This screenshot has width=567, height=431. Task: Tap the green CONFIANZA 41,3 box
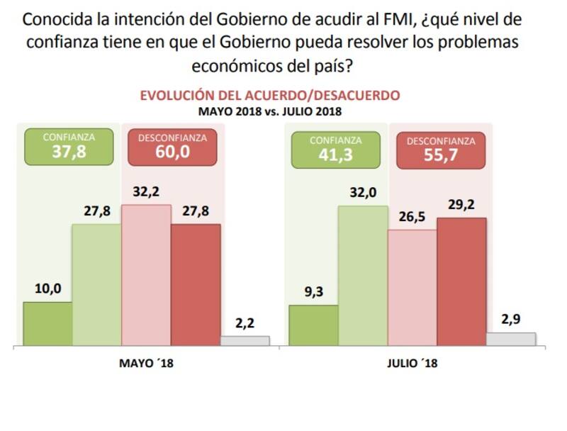(335, 149)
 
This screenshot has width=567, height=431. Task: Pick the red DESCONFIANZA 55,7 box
(440, 150)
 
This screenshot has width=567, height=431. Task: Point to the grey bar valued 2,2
(245, 341)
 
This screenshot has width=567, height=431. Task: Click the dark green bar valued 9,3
(313, 325)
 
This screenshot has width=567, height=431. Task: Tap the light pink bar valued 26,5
(412, 288)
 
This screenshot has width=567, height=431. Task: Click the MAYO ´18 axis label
(146, 364)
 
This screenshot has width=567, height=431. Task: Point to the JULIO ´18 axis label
(412, 364)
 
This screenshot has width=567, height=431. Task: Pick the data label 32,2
(146, 191)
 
